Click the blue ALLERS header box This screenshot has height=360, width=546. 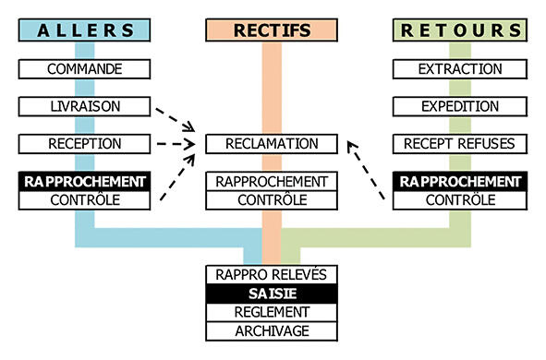point(84,30)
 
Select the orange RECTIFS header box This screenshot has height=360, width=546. point(272,30)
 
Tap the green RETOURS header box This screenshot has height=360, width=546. point(460,30)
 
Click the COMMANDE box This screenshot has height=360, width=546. point(84,69)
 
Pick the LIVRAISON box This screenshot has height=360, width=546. point(84,106)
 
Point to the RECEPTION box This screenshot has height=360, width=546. point(84,144)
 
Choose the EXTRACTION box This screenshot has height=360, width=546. point(460,69)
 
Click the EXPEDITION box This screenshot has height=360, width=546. point(460,106)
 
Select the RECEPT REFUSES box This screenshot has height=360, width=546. point(460,144)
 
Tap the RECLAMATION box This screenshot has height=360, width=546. point(272,144)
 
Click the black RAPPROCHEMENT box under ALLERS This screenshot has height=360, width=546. point(84,181)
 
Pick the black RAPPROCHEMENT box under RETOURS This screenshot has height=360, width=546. point(460,181)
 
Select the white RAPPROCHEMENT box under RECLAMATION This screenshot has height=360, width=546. point(272,181)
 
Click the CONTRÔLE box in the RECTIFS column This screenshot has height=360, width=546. point(272,200)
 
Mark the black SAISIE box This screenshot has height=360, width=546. point(272,294)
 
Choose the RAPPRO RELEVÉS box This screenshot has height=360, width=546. point(272,275)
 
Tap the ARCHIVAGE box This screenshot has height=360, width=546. point(272,331)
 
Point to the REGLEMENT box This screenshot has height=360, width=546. point(272,312)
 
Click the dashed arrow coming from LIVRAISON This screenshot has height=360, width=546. point(176,120)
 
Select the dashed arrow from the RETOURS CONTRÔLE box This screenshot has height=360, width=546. point(366,170)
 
